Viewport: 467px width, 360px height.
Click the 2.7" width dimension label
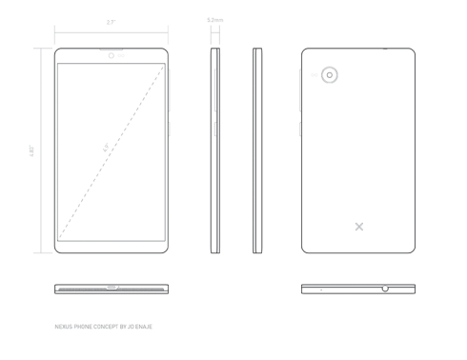[x=112, y=21]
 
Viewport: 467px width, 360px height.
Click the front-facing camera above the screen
[x=112, y=56]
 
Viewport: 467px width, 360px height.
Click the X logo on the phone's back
[x=358, y=227]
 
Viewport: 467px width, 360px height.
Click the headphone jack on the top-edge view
[x=385, y=288]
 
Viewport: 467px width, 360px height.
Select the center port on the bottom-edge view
[x=112, y=287]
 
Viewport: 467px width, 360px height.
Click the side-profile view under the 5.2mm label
[x=214, y=150]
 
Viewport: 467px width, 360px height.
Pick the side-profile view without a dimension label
[x=257, y=150]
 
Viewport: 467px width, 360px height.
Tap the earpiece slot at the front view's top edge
[x=112, y=50]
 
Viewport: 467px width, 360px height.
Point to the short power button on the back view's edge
[x=300, y=127]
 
